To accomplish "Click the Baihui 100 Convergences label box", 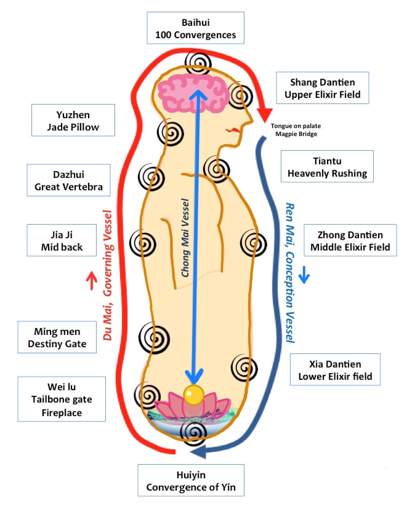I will pyautogui.click(x=195, y=28).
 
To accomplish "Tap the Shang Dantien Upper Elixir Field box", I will pyautogui.click(x=322, y=88).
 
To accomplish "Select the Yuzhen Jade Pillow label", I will pyautogui.click(x=73, y=120).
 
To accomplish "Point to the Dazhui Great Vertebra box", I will pyautogui.click(x=68, y=180).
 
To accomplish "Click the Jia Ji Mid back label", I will pyautogui.click(x=62, y=240).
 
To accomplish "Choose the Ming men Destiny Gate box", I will pyautogui.click(x=57, y=337).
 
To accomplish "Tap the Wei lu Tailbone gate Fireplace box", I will pyautogui.click(x=62, y=399).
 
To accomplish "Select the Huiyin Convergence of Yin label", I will pyautogui.click(x=191, y=481).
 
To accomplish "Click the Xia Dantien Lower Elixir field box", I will pyautogui.click(x=335, y=370).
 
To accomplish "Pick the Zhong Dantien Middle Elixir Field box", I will pyautogui.click(x=350, y=240).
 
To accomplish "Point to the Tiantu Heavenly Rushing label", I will pyautogui.click(x=327, y=167).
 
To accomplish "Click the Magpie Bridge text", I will pyautogui.click(x=296, y=134).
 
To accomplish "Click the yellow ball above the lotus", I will pyautogui.click(x=194, y=394).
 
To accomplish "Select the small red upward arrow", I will pyautogui.click(x=92, y=280).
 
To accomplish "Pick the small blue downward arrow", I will pyautogui.click(x=304, y=275).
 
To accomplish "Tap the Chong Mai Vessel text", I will pyautogui.click(x=185, y=238).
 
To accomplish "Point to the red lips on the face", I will pyautogui.click(x=231, y=130).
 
